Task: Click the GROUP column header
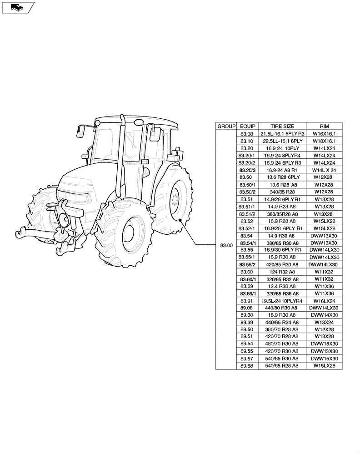(226, 126)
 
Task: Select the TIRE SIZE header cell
(282, 126)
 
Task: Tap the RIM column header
(324, 126)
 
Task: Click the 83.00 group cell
(226, 246)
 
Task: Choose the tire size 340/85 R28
(282, 192)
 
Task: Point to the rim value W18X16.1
(324, 141)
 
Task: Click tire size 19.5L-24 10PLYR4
(282, 301)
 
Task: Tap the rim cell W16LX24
(324, 301)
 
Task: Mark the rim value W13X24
(324, 322)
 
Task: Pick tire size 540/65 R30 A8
(282, 358)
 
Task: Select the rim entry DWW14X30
(324, 315)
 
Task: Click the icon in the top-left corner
(17, 7)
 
